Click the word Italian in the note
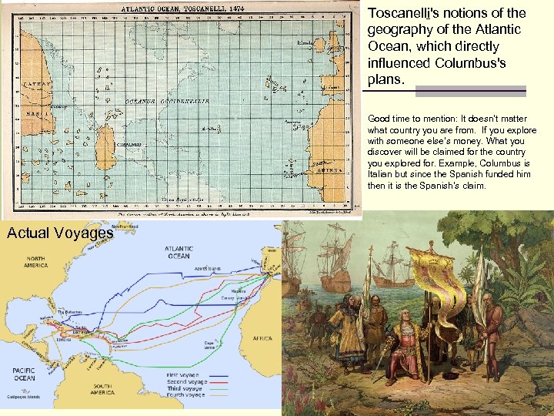pos(385,176)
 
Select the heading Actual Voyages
pos(60,232)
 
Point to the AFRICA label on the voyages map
pos(262,338)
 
